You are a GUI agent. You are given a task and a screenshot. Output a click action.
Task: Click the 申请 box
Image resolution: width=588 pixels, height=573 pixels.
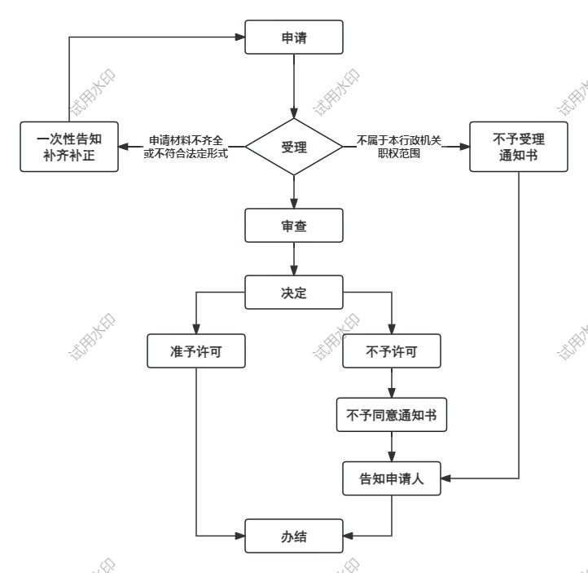point(293,37)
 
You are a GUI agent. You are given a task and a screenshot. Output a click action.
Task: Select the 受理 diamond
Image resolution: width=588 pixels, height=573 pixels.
point(293,148)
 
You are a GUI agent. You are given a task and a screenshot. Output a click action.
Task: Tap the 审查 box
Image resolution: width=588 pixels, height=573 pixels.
point(293,226)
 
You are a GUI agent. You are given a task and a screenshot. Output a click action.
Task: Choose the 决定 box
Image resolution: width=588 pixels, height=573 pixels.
point(293,293)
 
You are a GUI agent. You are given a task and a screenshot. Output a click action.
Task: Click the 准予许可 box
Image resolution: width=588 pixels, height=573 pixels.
point(195,351)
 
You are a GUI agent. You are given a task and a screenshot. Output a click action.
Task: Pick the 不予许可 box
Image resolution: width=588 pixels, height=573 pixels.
point(392,351)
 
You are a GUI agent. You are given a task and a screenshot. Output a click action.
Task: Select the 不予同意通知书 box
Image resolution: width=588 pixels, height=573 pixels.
point(392,414)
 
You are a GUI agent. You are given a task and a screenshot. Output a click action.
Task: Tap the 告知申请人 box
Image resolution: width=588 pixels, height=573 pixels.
point(392,477)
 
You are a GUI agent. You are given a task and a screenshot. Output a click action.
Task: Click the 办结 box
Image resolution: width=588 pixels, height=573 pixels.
point(293,537)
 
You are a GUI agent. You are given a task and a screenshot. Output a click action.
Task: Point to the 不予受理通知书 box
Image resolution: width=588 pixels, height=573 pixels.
point(518,147)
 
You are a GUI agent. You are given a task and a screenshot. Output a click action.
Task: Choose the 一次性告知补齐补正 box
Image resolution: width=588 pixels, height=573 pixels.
point(68,147)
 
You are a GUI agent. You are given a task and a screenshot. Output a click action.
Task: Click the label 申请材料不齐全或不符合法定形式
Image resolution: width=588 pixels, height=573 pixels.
point(186,147)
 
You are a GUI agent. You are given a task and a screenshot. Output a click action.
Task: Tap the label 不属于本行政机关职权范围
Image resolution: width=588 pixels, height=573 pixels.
point(399,147)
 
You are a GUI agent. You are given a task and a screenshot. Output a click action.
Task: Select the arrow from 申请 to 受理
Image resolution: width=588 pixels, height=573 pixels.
point(293,86)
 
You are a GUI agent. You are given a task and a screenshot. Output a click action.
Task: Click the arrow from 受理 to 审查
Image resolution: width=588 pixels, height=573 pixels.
point(293,191)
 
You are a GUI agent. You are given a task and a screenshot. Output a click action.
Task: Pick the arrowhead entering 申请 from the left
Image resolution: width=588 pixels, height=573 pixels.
point(240,37)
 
